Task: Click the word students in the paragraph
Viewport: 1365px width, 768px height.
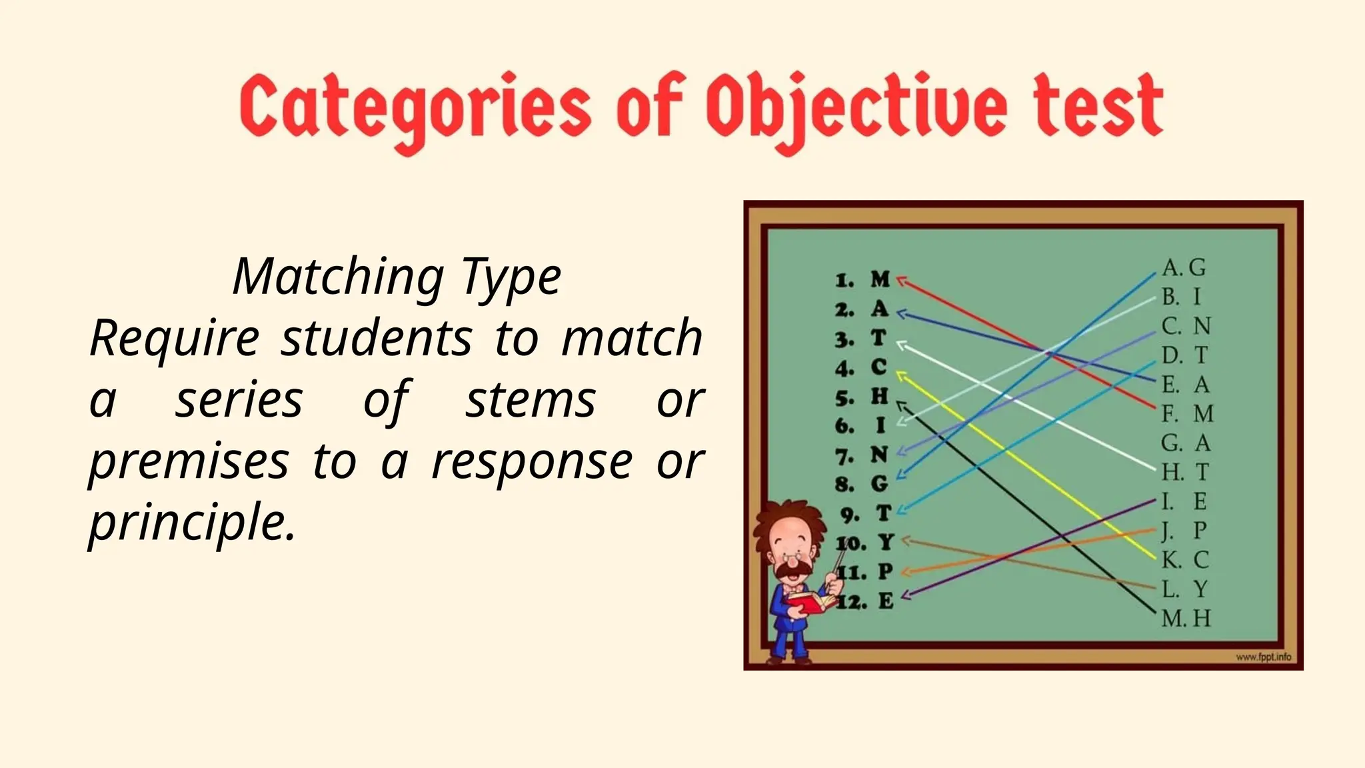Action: point(376,338)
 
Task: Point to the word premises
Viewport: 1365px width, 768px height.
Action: point(189,461)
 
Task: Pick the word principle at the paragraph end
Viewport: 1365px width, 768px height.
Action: point(191,523)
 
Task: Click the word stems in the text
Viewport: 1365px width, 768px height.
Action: point(530,400)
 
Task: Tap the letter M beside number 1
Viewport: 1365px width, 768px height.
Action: point(880,279)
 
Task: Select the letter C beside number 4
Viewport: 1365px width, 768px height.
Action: point(879,367)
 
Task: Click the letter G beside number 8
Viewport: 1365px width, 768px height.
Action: point(880,483)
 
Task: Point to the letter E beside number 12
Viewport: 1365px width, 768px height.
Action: point(885,601)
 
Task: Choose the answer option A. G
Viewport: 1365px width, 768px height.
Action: point(1184,267)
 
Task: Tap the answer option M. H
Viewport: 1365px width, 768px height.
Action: point(1186,618)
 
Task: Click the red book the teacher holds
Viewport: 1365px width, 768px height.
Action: point(808,603)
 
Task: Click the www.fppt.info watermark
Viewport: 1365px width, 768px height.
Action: point(1263,657)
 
